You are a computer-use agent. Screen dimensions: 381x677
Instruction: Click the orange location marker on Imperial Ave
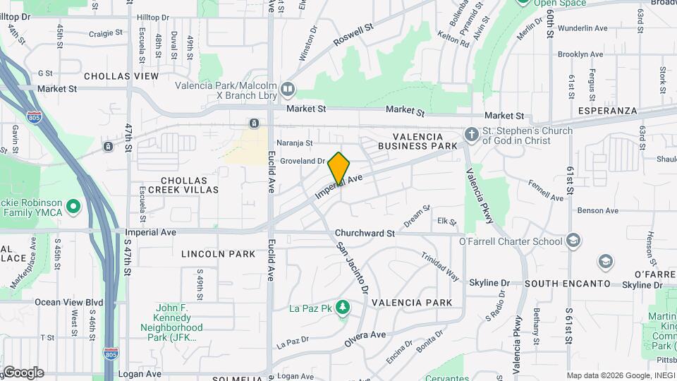click(338, 167)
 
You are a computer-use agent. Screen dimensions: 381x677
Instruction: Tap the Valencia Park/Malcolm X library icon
click(288, 89)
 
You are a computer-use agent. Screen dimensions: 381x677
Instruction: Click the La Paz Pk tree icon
click(343, 308)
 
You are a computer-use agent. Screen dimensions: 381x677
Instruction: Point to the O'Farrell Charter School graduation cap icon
click(574, 241)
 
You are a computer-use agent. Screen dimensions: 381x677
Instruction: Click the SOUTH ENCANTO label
click(567, 284)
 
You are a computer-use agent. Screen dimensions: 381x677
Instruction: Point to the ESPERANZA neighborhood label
click(607, 111)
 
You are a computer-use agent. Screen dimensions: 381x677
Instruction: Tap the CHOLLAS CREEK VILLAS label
click(189, 185)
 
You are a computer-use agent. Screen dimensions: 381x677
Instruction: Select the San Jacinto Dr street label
click(352, 268)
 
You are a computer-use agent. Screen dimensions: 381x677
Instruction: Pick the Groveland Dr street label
click(301, 161)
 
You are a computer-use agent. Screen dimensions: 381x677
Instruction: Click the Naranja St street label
click(294, 143)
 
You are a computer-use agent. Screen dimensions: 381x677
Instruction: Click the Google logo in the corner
click(23, 373)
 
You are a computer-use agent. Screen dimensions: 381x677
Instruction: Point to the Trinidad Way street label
click(440, 265)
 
